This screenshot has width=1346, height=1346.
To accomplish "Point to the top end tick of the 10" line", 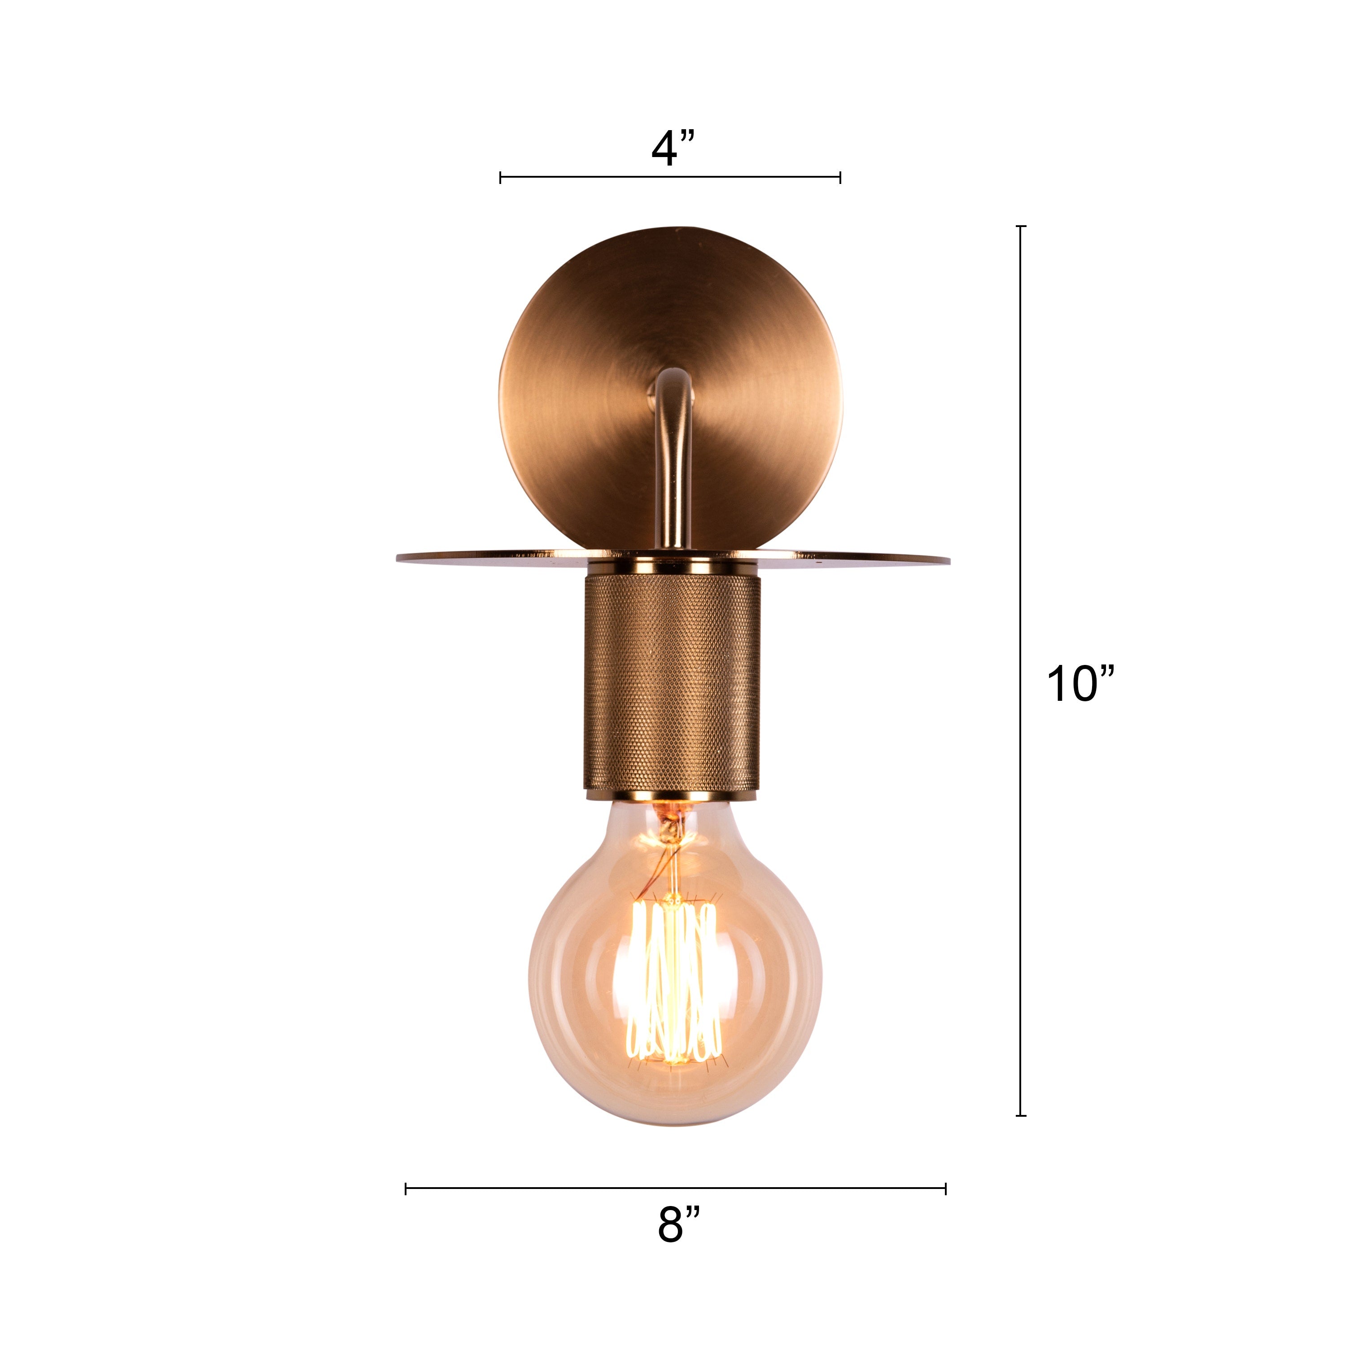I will [1021, 227].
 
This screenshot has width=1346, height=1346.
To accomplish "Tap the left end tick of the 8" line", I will [406, 1189].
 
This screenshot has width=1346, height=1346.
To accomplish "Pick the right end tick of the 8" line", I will [945, 1189].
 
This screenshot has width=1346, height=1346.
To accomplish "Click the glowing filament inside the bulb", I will [673, 982].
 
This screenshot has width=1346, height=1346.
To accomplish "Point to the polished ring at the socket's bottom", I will [672, 795].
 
